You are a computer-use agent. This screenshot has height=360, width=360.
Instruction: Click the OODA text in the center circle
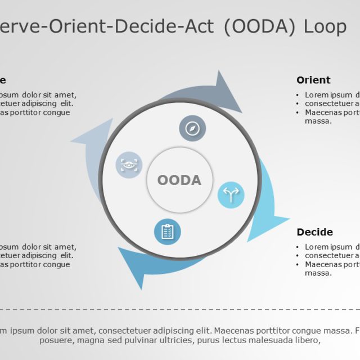click(x=179, y=180)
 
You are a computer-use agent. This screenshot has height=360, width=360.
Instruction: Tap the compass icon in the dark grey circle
click(x=192, y=128)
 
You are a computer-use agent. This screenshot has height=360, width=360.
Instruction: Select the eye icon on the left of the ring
click(x=129, y=165)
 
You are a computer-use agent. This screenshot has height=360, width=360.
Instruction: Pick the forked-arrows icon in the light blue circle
click(x=231, y=195)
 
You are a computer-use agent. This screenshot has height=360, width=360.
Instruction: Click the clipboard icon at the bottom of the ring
click(x=167, y=231)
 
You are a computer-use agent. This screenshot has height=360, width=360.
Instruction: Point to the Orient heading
click(x=313, y=80)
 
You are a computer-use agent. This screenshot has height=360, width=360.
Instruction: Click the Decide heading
click(x=314, y=232)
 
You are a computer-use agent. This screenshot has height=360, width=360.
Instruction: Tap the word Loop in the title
click(x=325, y=26)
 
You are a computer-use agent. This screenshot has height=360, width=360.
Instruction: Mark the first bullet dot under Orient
click(x=298, y=95)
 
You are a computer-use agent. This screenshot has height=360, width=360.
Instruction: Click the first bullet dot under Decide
click(x=298, y=247)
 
